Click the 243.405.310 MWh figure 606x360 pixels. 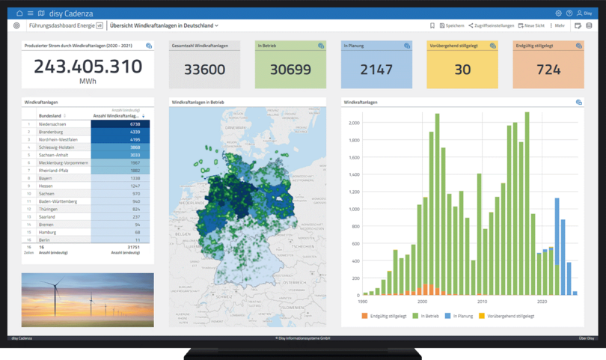point(88,67)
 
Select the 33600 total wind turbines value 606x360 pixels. point(204,70)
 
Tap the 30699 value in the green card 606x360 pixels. point(290,70)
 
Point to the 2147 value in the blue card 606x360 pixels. point(376,70)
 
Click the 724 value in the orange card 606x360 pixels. point(548,70)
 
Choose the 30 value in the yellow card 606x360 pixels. point(462,70)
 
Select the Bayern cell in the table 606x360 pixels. point(47,178)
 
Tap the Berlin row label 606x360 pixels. point(46,240)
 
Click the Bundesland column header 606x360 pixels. point(51,116)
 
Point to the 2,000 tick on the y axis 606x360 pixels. point(354,123)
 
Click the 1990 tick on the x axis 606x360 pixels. point(363,302)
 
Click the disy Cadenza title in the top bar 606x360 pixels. point(67,13)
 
